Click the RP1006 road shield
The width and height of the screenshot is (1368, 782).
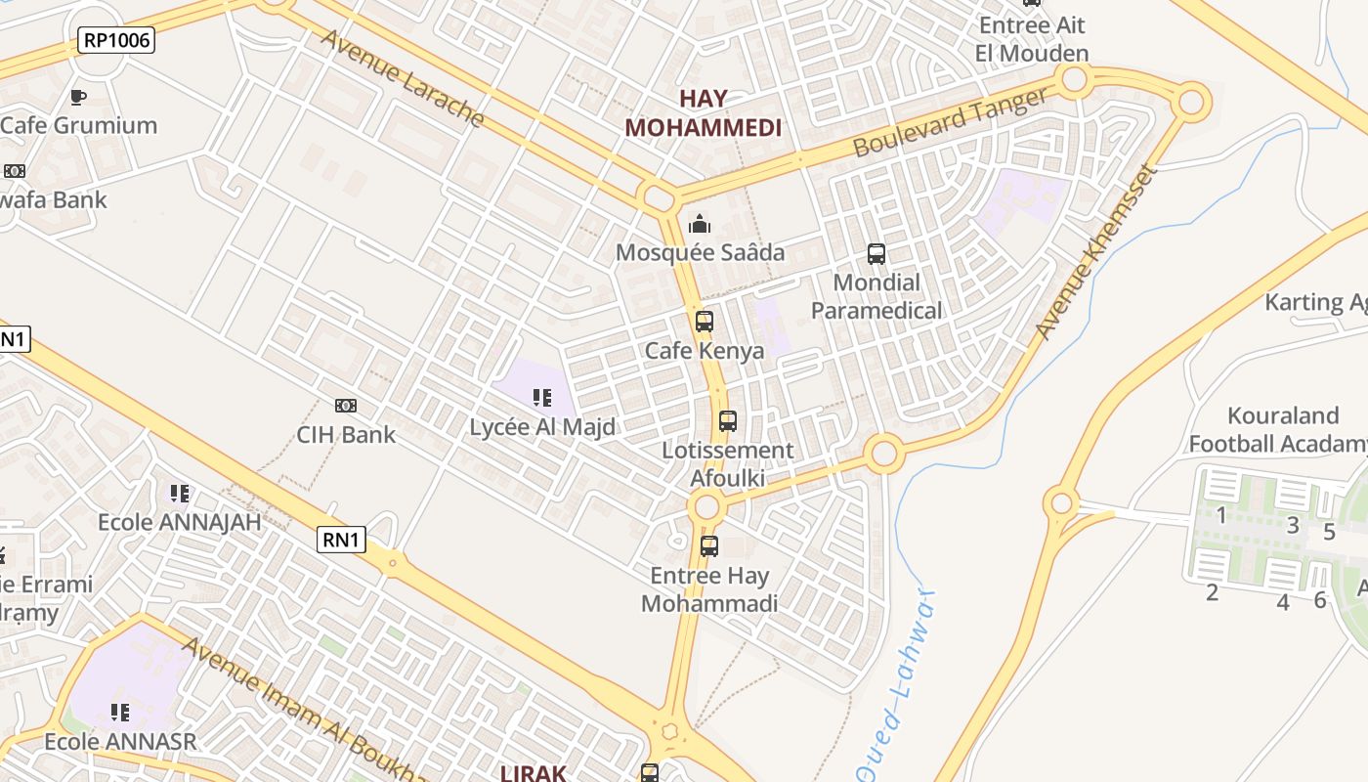pos(116,40)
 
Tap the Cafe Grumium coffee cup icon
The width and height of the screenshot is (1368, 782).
pos(78,97)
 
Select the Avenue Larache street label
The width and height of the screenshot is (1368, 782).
pos(402,78)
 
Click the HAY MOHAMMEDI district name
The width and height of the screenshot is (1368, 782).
pos(704,113)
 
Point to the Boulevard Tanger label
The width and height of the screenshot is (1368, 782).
pos(951,121)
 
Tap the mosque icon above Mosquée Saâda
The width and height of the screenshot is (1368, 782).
pos(700,225)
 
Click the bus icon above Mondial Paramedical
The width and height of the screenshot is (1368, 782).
pos(876,254)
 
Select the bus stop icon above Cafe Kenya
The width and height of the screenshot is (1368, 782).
pos(705,322)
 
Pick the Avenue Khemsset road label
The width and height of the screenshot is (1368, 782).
pos(1096,252)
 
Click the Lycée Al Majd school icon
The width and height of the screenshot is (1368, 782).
pos(542,398)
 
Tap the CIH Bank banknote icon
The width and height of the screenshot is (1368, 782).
pos(346,406)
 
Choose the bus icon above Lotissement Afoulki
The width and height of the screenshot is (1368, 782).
pos(728,421)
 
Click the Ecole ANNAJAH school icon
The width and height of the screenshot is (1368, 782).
pos(179,494)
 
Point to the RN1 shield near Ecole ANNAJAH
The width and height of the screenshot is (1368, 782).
pos(341,539)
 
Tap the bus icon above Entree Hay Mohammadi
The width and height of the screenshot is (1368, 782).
pos(709,546)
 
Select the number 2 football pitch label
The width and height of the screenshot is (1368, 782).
pos(1213,592)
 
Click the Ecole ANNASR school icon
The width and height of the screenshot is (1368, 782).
pos(120,713)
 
